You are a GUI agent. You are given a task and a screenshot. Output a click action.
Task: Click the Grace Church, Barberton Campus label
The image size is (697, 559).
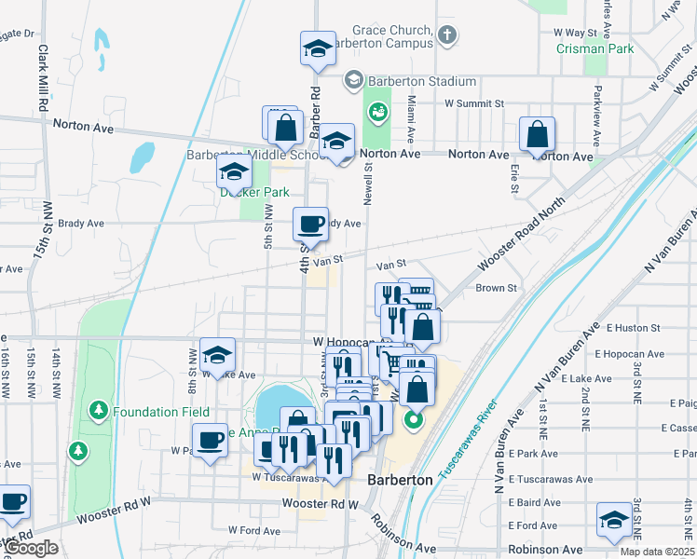pos(390,36)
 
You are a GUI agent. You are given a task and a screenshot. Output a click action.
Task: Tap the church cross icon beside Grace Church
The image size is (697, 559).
pos(447,36)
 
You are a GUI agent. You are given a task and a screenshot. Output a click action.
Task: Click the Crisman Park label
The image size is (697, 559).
pos(594,48)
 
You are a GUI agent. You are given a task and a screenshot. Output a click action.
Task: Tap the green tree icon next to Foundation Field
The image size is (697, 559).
pos(99,410)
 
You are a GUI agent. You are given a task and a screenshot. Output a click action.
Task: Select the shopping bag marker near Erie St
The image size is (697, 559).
pos(538,135)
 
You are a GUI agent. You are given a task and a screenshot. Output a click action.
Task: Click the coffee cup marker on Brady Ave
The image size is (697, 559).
pos(310,224)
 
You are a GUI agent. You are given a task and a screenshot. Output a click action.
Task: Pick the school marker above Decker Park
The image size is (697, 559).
pos(234,171)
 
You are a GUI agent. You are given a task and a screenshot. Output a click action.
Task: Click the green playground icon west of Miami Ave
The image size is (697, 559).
pos(378,112)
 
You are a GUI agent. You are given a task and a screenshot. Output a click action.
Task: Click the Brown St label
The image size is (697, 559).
pos(496,288)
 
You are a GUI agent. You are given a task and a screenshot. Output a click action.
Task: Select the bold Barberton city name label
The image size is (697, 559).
pos(400,480)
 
